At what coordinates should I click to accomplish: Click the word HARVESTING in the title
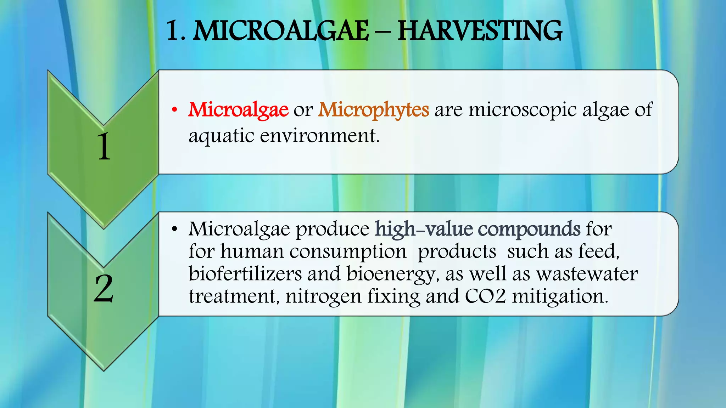tap(480, 31)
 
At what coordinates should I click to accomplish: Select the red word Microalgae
tap(238, 110)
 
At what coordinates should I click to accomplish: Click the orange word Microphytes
tap(374, 110)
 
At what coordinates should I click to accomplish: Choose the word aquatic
tap(221, 136)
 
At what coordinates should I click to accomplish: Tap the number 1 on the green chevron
tap(104, 147)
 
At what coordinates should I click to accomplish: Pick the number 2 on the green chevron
tap(104, 288)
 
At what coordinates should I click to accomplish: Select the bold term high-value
tap(424, 229)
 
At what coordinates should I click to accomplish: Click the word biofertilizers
tap(245, 274)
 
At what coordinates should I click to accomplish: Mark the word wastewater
tap(587, 274)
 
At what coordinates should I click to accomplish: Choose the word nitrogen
tap(323, 297)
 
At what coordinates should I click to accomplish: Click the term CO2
tap(485, 296)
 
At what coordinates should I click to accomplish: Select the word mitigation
tap(560, 297)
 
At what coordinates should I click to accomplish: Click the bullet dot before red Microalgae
tap(174, 110)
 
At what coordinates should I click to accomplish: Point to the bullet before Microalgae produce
tap(174, 229)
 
